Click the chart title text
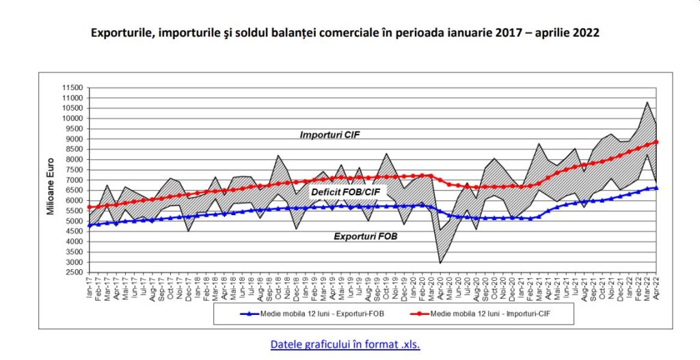point(345,33)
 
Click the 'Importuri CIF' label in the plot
point(329,135)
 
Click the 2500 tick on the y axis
point(75,273)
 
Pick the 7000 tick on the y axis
point(75,180)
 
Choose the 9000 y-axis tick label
point(75,139)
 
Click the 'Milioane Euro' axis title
point(51,180)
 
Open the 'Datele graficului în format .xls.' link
point(345,344)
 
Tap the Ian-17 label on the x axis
point(90,288)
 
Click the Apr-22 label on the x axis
point(656,288)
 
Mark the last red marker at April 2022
point(656,142)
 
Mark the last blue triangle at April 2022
point(656,188)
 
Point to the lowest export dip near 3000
point(440,263)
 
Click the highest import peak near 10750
point(647,102)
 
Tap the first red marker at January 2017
point(90,207)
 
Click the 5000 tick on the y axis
point(75,221)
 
